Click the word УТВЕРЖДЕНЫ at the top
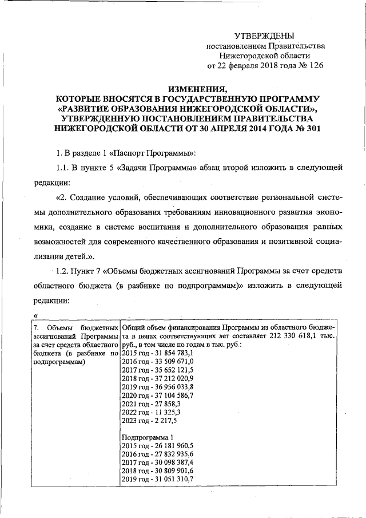pos(265,36)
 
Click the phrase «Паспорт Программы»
pos(158,153)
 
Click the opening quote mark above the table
pos(37,315)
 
